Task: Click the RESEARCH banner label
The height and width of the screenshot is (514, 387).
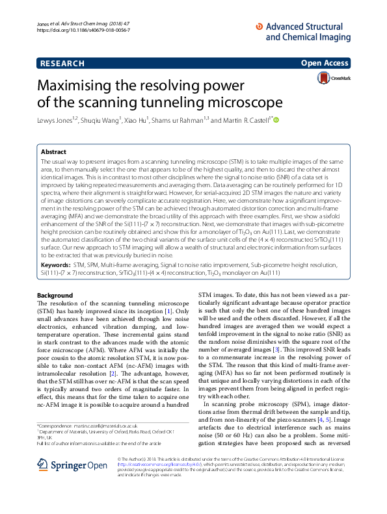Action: click(62, 63)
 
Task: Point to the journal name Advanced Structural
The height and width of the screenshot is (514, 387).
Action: click(304, 27)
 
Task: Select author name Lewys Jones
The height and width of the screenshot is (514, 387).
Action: click(55, 120)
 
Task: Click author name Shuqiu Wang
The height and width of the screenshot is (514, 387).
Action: click(99, 120)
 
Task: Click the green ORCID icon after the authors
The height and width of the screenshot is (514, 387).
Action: click(276, 120)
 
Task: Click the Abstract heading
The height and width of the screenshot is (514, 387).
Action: click(53, 151)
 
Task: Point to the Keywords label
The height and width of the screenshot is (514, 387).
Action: click(55, 283)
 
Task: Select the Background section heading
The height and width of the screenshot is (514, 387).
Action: click(55, 296)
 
